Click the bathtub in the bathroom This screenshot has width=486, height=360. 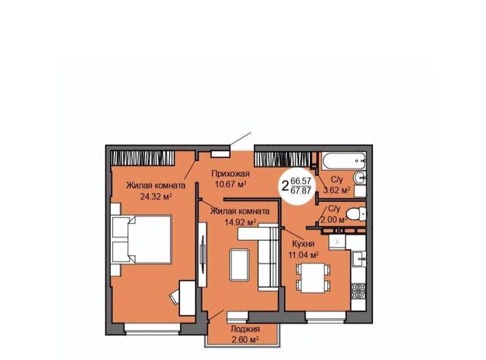pos(344,161)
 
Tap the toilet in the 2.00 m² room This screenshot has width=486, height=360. pos(356,213)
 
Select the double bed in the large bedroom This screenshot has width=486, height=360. pos(142,239)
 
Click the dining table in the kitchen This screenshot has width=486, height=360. pos(313,277)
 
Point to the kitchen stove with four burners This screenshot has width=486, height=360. pos(358,291)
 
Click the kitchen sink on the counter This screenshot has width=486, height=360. pos(359,259)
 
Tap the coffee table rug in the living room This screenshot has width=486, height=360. pos(239,265)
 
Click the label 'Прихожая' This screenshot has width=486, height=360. pos(230,174)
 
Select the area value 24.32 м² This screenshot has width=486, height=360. pos(156,197)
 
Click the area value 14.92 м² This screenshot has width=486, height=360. pos(240,222)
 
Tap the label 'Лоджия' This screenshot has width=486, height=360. pos(245,329)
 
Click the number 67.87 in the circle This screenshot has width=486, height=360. pos(301,191)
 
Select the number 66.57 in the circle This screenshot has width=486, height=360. pos(301,181)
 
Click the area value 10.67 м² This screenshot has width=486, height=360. pos(231,185)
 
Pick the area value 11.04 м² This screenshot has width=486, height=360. pos(304,255)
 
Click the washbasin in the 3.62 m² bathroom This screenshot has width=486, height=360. pos(360,178)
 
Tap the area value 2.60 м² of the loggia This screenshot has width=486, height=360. pos(245,339)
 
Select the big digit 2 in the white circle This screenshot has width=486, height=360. pos(286,186)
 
